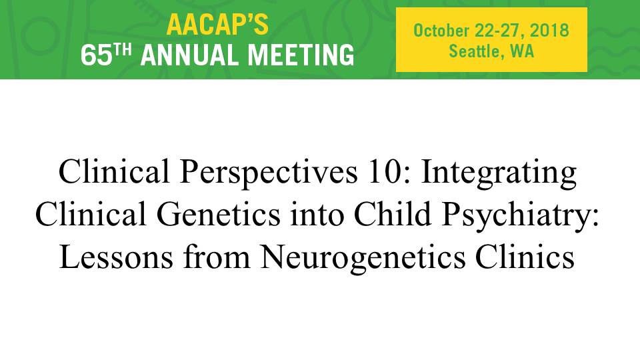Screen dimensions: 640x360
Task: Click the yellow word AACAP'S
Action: (x=217, y=25)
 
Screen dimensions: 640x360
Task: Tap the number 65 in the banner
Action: (x=96, y=55)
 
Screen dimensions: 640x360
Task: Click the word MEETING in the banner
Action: (x=301, y=55)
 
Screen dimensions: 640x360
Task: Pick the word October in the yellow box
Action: (x=441, y=31)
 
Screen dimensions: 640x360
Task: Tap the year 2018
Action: (x=549, y=31)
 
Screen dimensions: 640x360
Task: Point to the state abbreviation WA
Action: (x=522, y=51)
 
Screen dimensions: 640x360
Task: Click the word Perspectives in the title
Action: (x=268, y=172)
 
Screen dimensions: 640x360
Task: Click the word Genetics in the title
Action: (x=219, y=214)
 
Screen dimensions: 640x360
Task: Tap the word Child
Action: (x=392, y=214)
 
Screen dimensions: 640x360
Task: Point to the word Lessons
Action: (x=116, y=257)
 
